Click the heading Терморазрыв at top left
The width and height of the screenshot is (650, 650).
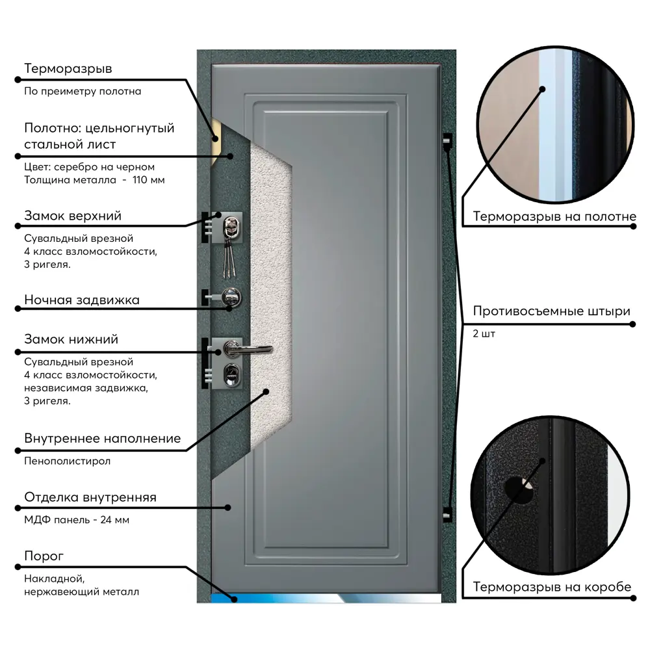point(68,68)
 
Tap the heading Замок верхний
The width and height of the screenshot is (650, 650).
point(73,215)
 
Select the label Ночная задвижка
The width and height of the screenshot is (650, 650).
point(82,300)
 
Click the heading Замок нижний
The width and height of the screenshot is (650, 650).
point(71,339)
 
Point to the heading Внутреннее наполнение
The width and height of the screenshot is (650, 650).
point(102,438)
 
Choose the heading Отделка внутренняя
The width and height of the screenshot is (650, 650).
point(90,497)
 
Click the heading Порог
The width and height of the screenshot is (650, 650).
point(44,556)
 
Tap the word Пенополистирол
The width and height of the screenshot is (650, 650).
point(68,461)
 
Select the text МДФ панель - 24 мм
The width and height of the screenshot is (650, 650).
point(79,520)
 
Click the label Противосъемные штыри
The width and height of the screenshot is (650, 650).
point(551,311)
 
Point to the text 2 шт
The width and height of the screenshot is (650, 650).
point(484,333)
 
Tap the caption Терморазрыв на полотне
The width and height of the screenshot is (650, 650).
point(554,216)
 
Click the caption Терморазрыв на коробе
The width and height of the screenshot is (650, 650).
point(552,588)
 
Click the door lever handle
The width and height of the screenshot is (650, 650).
point(247,348)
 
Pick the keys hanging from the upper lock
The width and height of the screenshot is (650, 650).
point(228,257)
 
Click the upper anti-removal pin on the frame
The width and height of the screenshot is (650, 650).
point(447,140)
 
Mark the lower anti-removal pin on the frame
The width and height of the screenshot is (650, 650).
point(447,513)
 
